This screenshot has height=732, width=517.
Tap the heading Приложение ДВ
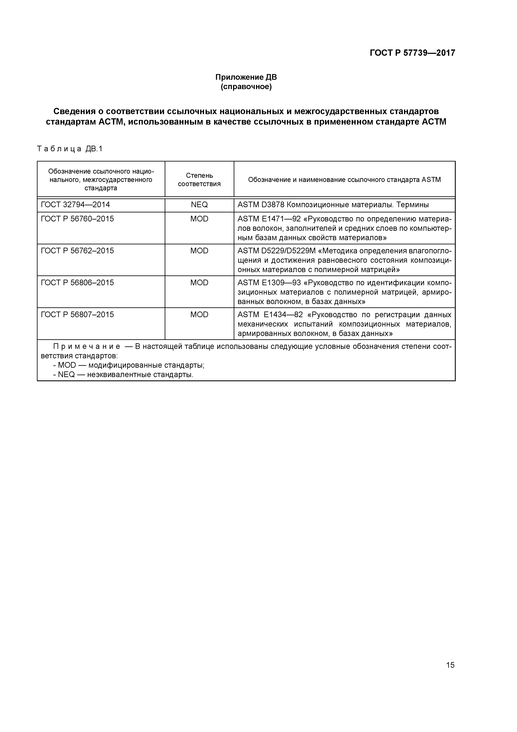point(246,77)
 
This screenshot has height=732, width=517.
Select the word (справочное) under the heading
point(246,87)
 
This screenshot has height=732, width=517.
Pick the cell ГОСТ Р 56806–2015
point(77,283)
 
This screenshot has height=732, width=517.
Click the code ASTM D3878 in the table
point(261,205)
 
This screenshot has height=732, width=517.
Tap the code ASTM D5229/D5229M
point(276,251)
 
